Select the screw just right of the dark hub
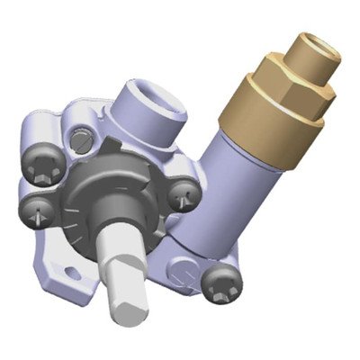point(185,192)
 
